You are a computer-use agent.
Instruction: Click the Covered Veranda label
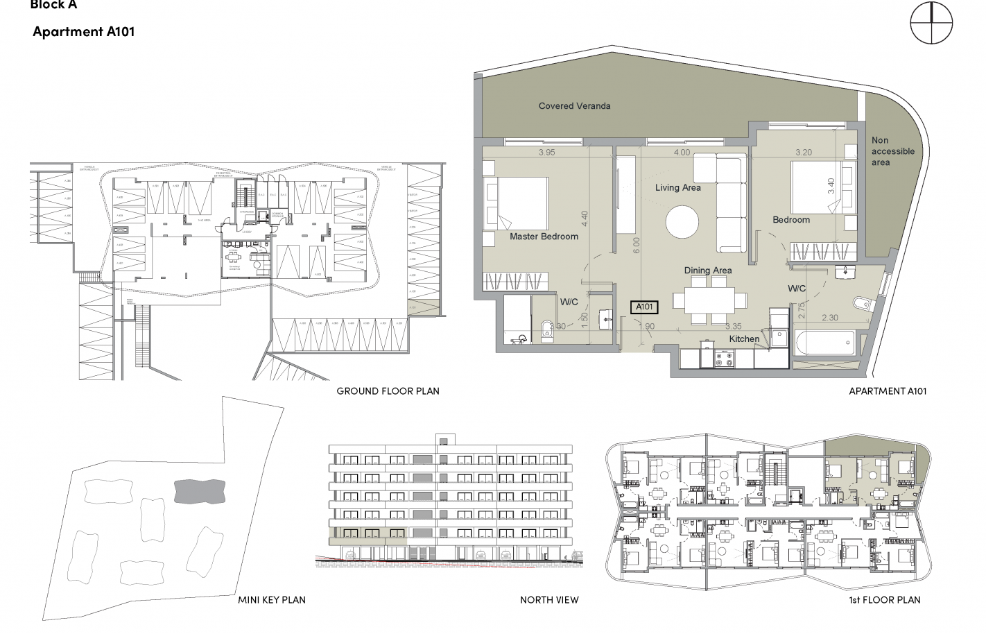[574, 106]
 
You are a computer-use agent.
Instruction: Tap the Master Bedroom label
[544, 237]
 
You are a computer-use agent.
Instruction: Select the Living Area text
[677, 187]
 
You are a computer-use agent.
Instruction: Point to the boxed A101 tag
[644, 307]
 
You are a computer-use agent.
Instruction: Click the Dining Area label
[707, 271]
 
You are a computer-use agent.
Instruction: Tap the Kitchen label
[744, 339]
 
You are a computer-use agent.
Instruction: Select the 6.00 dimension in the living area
[637, 246]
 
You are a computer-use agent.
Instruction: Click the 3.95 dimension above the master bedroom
[546, 153]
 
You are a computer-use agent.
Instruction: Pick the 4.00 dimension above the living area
[682, 153]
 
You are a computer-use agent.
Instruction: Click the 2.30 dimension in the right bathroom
[829, 318]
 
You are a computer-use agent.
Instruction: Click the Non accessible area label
[892, 151]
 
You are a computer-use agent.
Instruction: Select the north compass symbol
[931, 22]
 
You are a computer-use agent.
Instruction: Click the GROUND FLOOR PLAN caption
[388, 391]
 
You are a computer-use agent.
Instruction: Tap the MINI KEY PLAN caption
[271, 600]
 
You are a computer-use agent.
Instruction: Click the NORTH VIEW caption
[549, 600]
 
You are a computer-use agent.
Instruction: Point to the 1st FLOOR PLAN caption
[885, 600]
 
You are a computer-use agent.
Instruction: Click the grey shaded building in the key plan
[199, 491]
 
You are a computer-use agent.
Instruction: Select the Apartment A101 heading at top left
[83, 32]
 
